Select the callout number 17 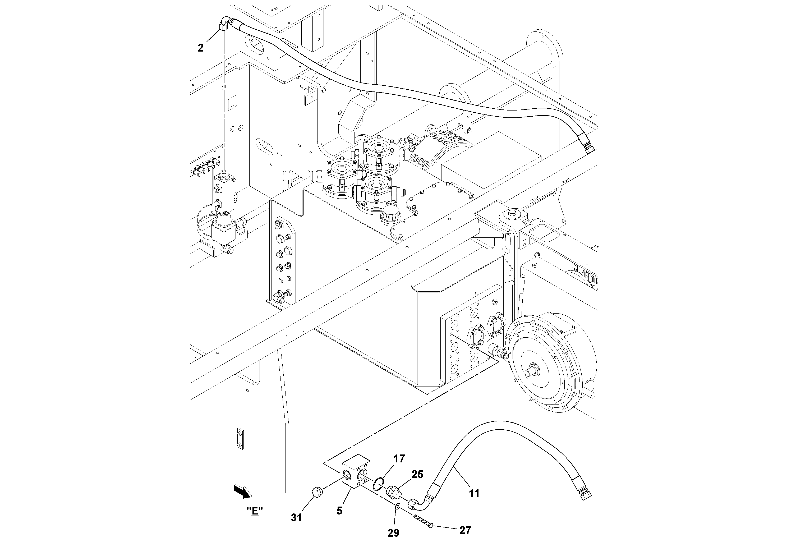399,459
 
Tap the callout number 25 417,474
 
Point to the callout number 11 474,493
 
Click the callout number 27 465,530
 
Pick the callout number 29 393,533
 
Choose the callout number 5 339,511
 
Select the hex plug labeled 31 317,493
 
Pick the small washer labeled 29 398,506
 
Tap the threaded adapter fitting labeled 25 393,492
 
